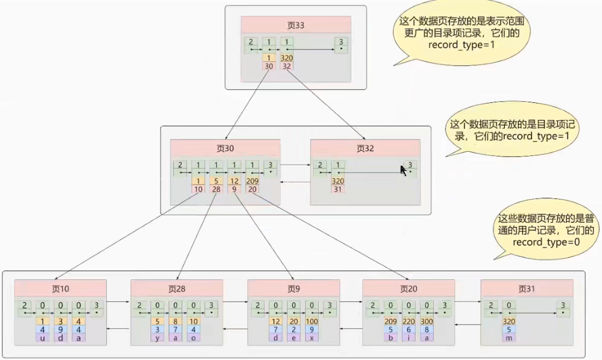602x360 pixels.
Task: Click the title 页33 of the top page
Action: [x=295, y=25]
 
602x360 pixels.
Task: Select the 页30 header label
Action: [x=225, y=148]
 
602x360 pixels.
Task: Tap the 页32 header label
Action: [x=365, y=148]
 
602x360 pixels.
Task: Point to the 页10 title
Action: [x=61, y=289]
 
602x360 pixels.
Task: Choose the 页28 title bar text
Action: [x=176, y=289]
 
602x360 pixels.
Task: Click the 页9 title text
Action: [x=293, y=289]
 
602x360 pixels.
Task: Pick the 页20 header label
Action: [x=409, y=289]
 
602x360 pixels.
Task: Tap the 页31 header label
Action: [x=527, y=289]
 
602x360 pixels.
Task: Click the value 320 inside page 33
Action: [x=286, y=58]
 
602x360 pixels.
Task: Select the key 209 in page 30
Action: [x=253, y=181]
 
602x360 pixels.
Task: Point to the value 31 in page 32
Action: [x=337, y=189]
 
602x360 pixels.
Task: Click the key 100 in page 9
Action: [x=312, y=322]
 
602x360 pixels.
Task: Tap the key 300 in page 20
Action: [x=427, y=322]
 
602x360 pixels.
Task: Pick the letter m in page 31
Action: [x=510, y=338]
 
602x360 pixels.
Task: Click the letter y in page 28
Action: [x=158, y=338]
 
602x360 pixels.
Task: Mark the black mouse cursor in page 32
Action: [x=403, y=170]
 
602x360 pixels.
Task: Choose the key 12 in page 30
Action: [x=235, y=181]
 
